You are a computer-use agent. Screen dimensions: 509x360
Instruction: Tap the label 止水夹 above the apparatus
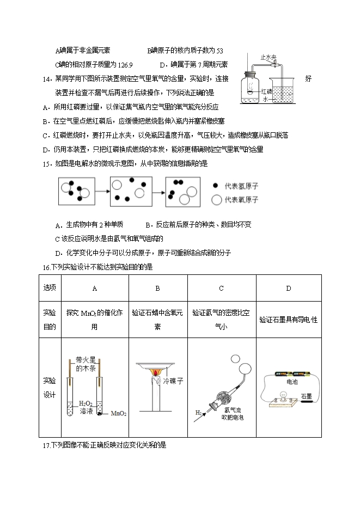click(x=269, y=57)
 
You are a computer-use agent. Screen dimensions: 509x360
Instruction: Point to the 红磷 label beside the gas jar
click(x=267, y=91)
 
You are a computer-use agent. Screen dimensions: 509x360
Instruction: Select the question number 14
click(x=46, y=78)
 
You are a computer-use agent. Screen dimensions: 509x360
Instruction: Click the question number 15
click(x=46, y=163)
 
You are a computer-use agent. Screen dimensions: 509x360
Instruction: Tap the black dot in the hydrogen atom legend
click(x=217, y=186)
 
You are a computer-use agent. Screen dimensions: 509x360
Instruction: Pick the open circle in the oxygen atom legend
click(x=217, y=200)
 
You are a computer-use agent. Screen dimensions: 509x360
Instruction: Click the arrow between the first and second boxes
click(x=102, y=192)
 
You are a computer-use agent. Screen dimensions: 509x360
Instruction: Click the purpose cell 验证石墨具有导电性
click(x=288, y=320)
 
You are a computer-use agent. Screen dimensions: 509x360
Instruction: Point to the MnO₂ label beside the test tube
click(x=119, y=414)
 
